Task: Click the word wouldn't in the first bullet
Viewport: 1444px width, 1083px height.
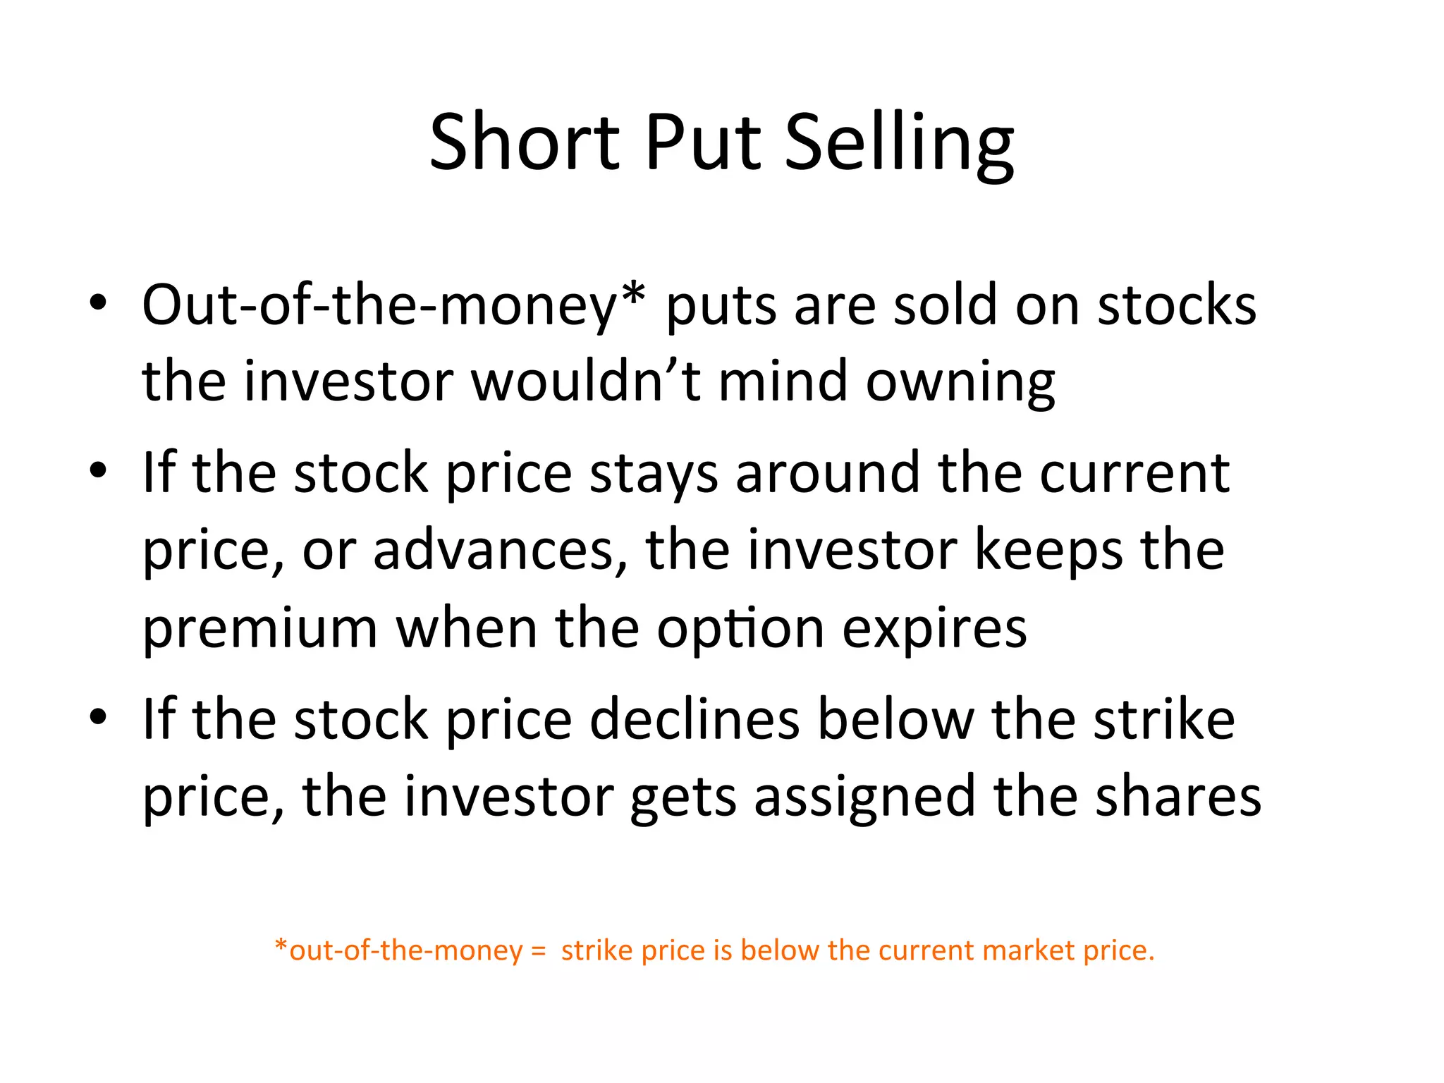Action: click(585, 381)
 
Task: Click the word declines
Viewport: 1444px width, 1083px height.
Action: click(695, 719)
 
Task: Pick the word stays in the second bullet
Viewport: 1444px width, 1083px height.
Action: click(654, 472)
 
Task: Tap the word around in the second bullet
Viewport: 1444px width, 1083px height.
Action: click(827, 472)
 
